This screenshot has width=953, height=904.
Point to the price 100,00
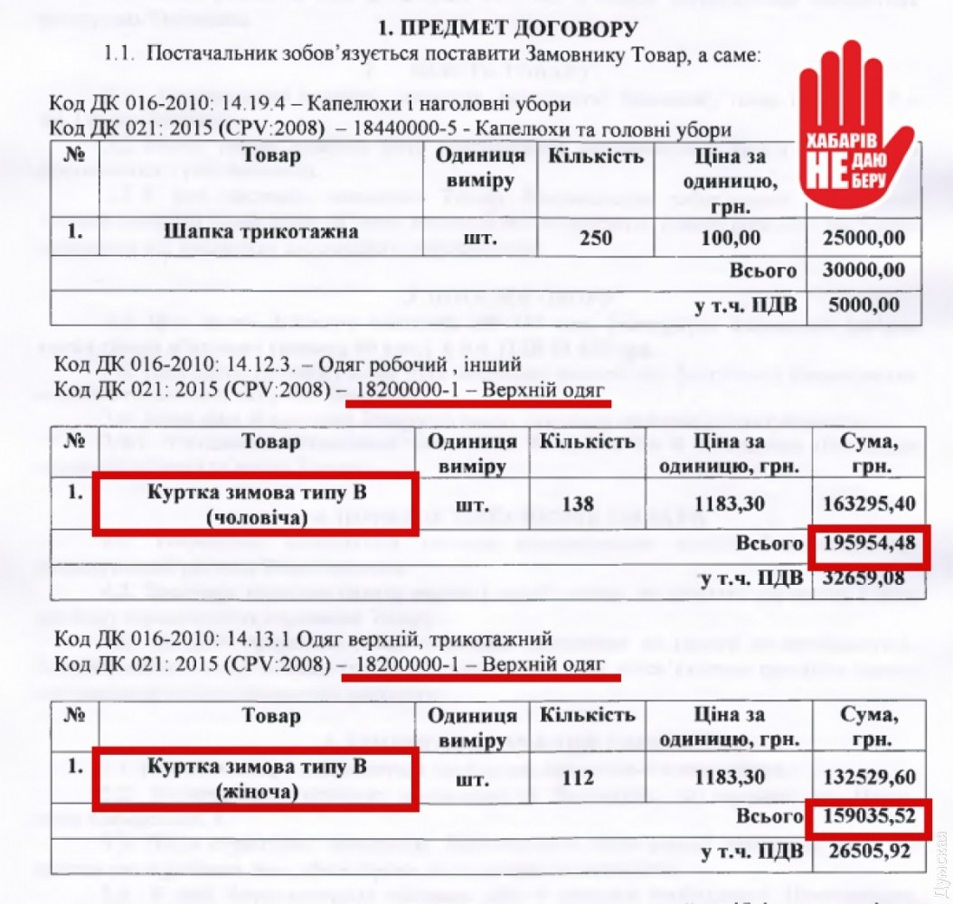point(731,238)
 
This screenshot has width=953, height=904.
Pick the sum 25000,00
point(863,238)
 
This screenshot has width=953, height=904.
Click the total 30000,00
point(863,270)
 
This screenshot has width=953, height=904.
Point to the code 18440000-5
point(412,128)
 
